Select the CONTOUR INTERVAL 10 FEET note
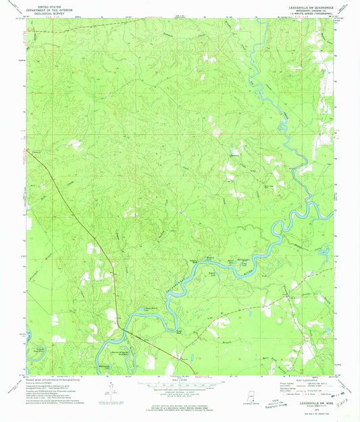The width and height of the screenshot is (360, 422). tap(180, 394)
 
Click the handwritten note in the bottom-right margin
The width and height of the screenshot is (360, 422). tap(344, 406)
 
